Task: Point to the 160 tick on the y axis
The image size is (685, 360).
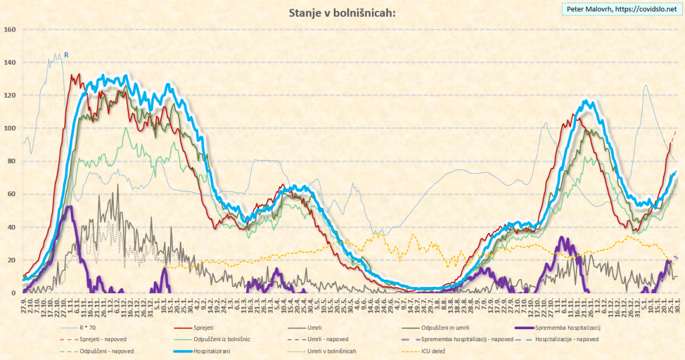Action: [9, 29]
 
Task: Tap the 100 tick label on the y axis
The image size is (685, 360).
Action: [9, 128]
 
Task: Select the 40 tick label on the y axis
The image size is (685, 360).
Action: [11, 228]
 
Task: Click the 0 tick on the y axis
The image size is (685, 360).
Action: [13, 293]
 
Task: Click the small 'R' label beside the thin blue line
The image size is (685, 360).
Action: [66, 54]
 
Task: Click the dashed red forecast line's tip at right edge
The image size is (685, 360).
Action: [675, 132]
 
